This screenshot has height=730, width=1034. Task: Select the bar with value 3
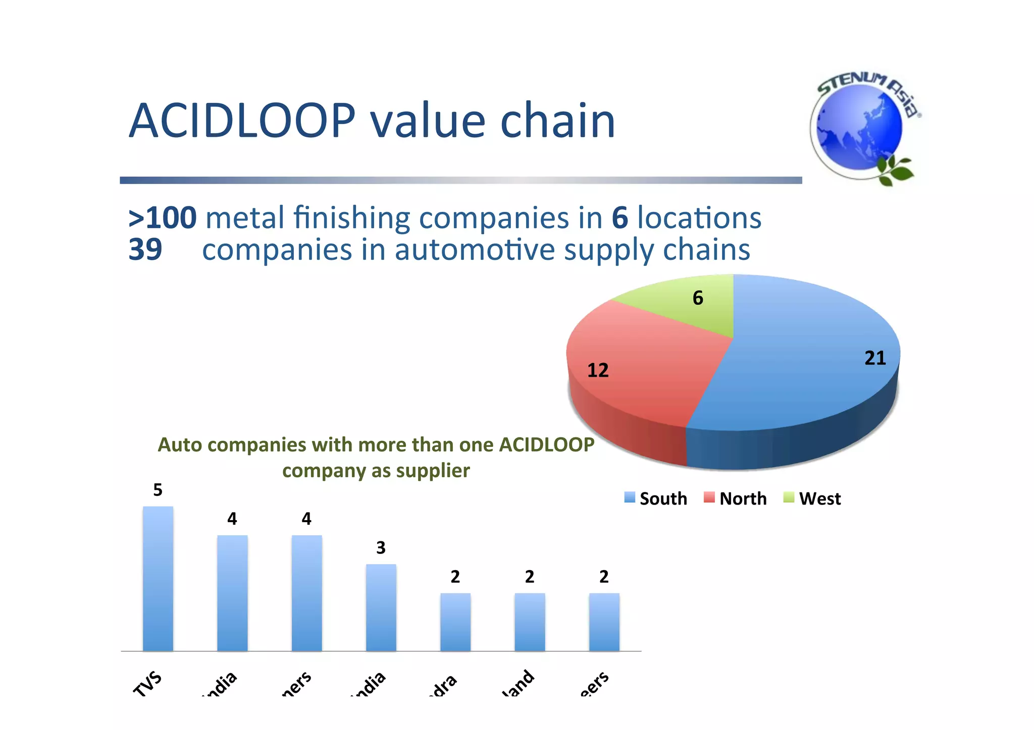click(x=381, y=607)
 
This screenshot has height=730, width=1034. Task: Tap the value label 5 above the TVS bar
click(x=158, y=490)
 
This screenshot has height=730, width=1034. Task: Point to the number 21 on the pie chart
click(x=875, y=358)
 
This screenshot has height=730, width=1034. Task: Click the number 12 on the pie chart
click(x=598, y=370)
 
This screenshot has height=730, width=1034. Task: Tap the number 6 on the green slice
click(x=698, y=298)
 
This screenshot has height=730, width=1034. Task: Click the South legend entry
click(x=656, y=498)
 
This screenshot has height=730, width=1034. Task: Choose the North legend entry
click(x=736, y=498)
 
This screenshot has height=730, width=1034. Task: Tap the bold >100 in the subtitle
click(x=163, y=218)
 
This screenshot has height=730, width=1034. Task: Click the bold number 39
click(x=145, y=249)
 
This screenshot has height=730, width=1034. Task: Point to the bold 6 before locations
click(x=619, y=218)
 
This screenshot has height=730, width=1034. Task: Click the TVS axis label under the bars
click(x=147, y=684)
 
